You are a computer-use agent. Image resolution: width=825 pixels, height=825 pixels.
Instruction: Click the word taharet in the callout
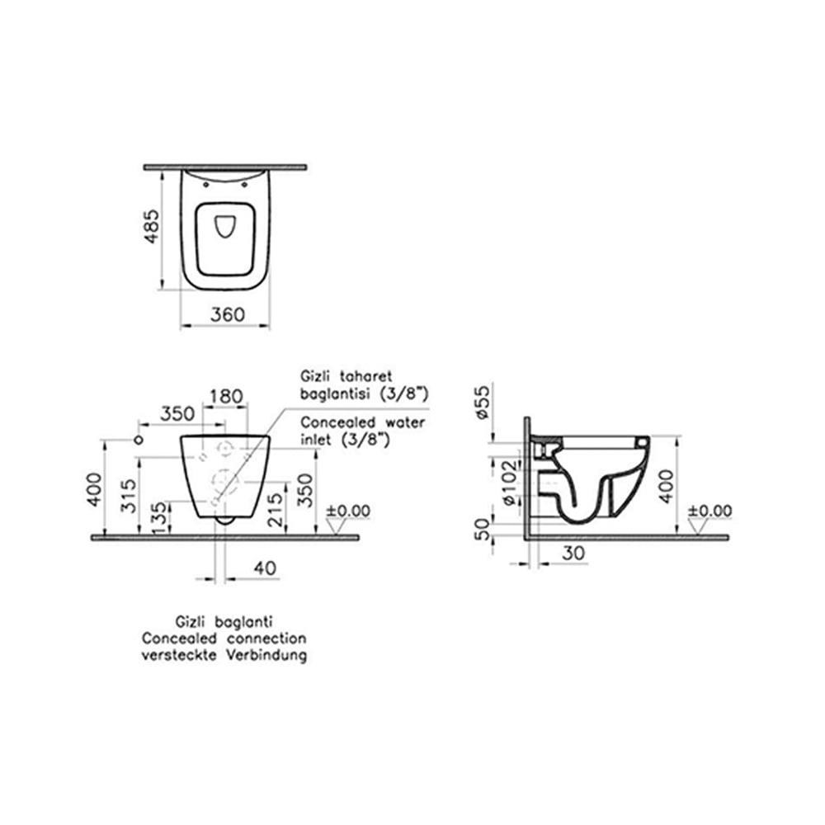tap(359, 374)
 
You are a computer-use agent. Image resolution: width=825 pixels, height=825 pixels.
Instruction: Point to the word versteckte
tap(182, 657)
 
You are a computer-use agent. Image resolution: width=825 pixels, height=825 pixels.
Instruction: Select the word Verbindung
tap(267, 657)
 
